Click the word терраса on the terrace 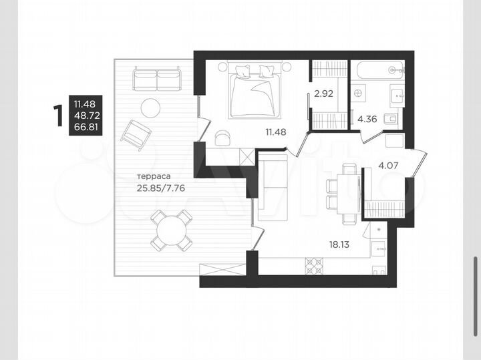[152, 177]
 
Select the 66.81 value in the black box [85, 127]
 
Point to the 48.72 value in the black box [85, 115]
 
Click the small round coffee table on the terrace [150, 108]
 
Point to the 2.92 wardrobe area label [324, 94]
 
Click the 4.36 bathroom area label [367, 120]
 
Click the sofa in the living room [271, 186]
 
